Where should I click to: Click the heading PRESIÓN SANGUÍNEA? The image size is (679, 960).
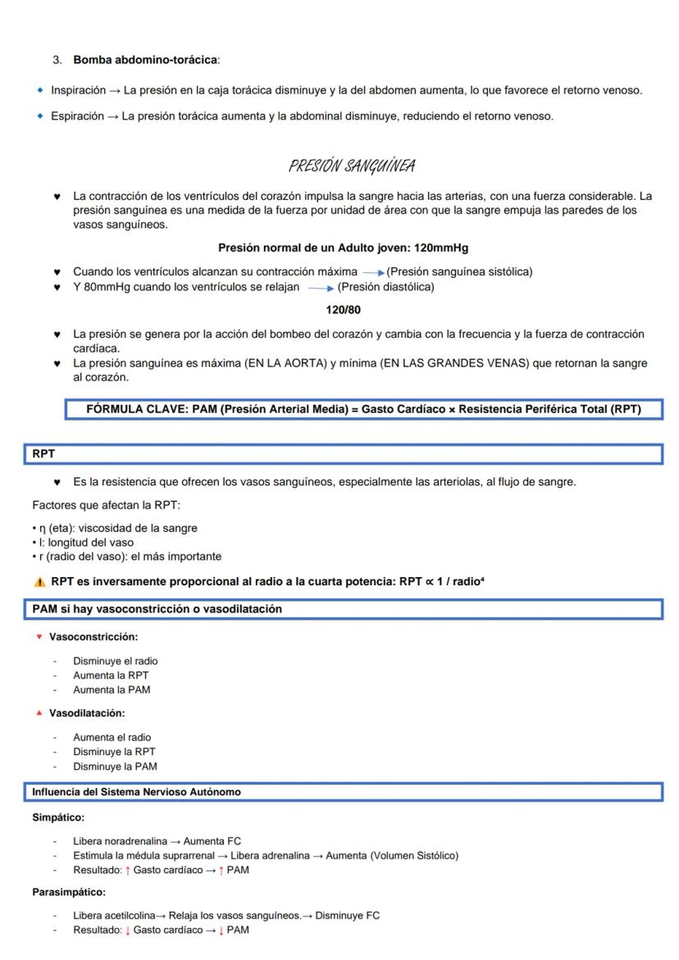351,167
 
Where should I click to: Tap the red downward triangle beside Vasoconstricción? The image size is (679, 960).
39,636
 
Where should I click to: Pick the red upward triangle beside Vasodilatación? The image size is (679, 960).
39,713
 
